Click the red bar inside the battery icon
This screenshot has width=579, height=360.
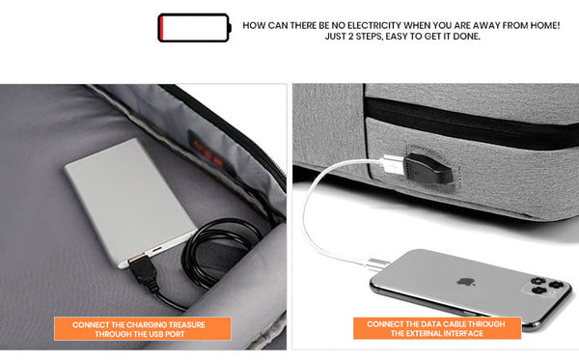pyautogui.click(x=161, y=28)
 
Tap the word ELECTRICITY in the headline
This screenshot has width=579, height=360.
pyautogui.click(x=374, y=25)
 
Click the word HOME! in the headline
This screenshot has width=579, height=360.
pyautogui.click(x=545, y=25)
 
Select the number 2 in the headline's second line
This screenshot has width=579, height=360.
pyautogui.click(x=350, y=36)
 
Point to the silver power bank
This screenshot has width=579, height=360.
pyautogui.click(x=130, y=202)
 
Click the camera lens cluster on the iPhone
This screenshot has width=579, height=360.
pyautogui.click(x=545, y=287)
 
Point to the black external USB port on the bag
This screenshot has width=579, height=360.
pyautogui.click(x=428, y=168)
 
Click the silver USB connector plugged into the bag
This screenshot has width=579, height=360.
pyautogui.click(x=393, y=164)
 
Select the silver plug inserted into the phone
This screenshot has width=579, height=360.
pyautogui.click(x=378, y=264)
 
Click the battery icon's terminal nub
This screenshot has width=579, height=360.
pyautogui.click(x=230, y=28)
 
